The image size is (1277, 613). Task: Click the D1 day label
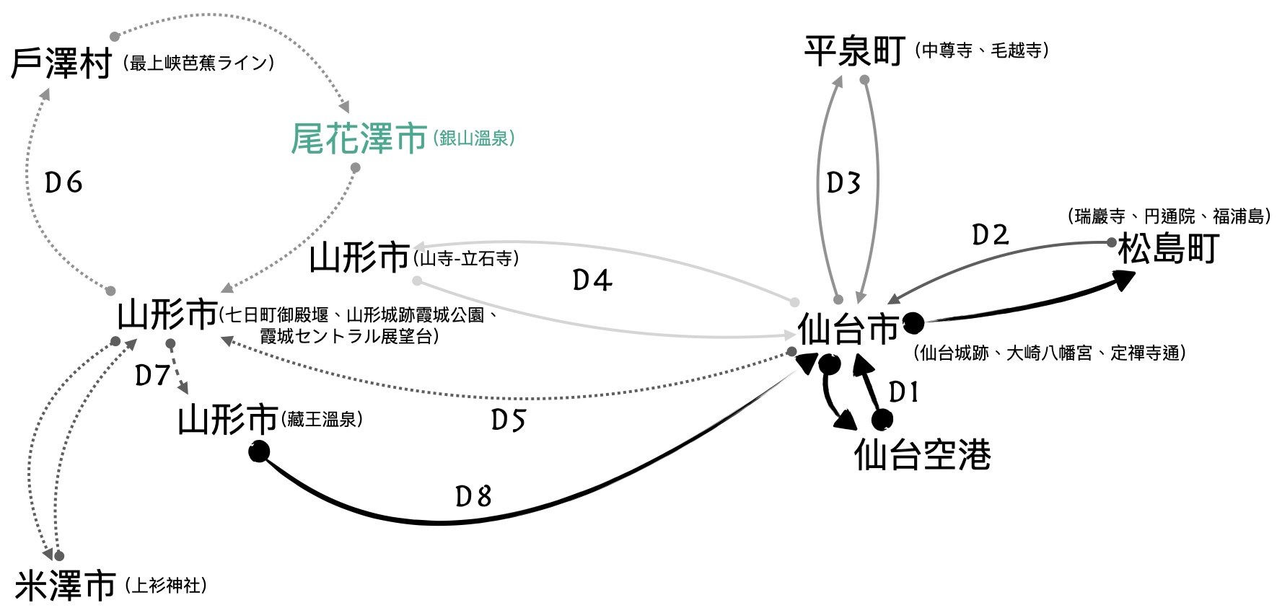(903, 392)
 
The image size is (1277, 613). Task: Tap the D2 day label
(990, 235)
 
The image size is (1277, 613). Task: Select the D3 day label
(843, 183)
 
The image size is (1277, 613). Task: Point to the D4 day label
(592, 281)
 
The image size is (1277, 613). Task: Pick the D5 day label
(509, 420)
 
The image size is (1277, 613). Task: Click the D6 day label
(63, 183)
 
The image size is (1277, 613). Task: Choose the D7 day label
(152, 375)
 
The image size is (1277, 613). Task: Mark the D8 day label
(473, 496)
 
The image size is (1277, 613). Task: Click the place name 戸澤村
(61, 63)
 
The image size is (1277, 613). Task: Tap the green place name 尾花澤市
(359, 138)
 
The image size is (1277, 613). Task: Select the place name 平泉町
(854, 51)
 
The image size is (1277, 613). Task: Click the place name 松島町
(1168, 249)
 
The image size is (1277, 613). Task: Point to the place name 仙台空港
(922, 454)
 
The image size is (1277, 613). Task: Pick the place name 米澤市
(65, 586)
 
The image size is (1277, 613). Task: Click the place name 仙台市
(848, 330)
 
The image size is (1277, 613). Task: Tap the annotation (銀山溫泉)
(474, 138)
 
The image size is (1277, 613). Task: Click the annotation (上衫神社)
(166, 585)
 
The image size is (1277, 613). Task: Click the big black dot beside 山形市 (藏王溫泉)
(259, 452)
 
